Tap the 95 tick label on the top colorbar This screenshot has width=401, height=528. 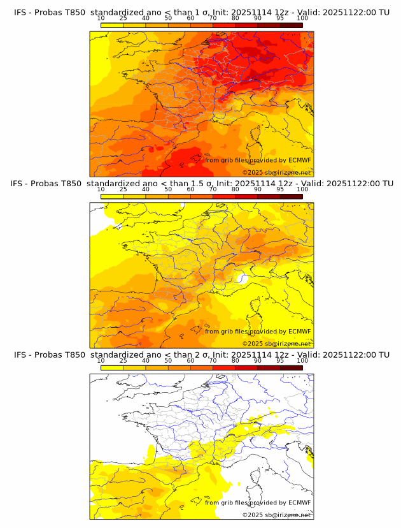tap(280, 18)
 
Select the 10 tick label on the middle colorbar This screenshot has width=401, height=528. tap(101, 189)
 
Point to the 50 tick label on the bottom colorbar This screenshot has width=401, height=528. tap(168, 360)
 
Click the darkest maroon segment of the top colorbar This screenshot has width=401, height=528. tap(291, 25)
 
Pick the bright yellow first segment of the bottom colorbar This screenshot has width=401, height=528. tap(112, 367)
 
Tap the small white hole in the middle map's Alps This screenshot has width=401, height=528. tap(241, 278)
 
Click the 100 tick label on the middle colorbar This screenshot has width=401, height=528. tap(302, 189)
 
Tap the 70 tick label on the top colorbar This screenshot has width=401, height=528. tap(213, 18)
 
